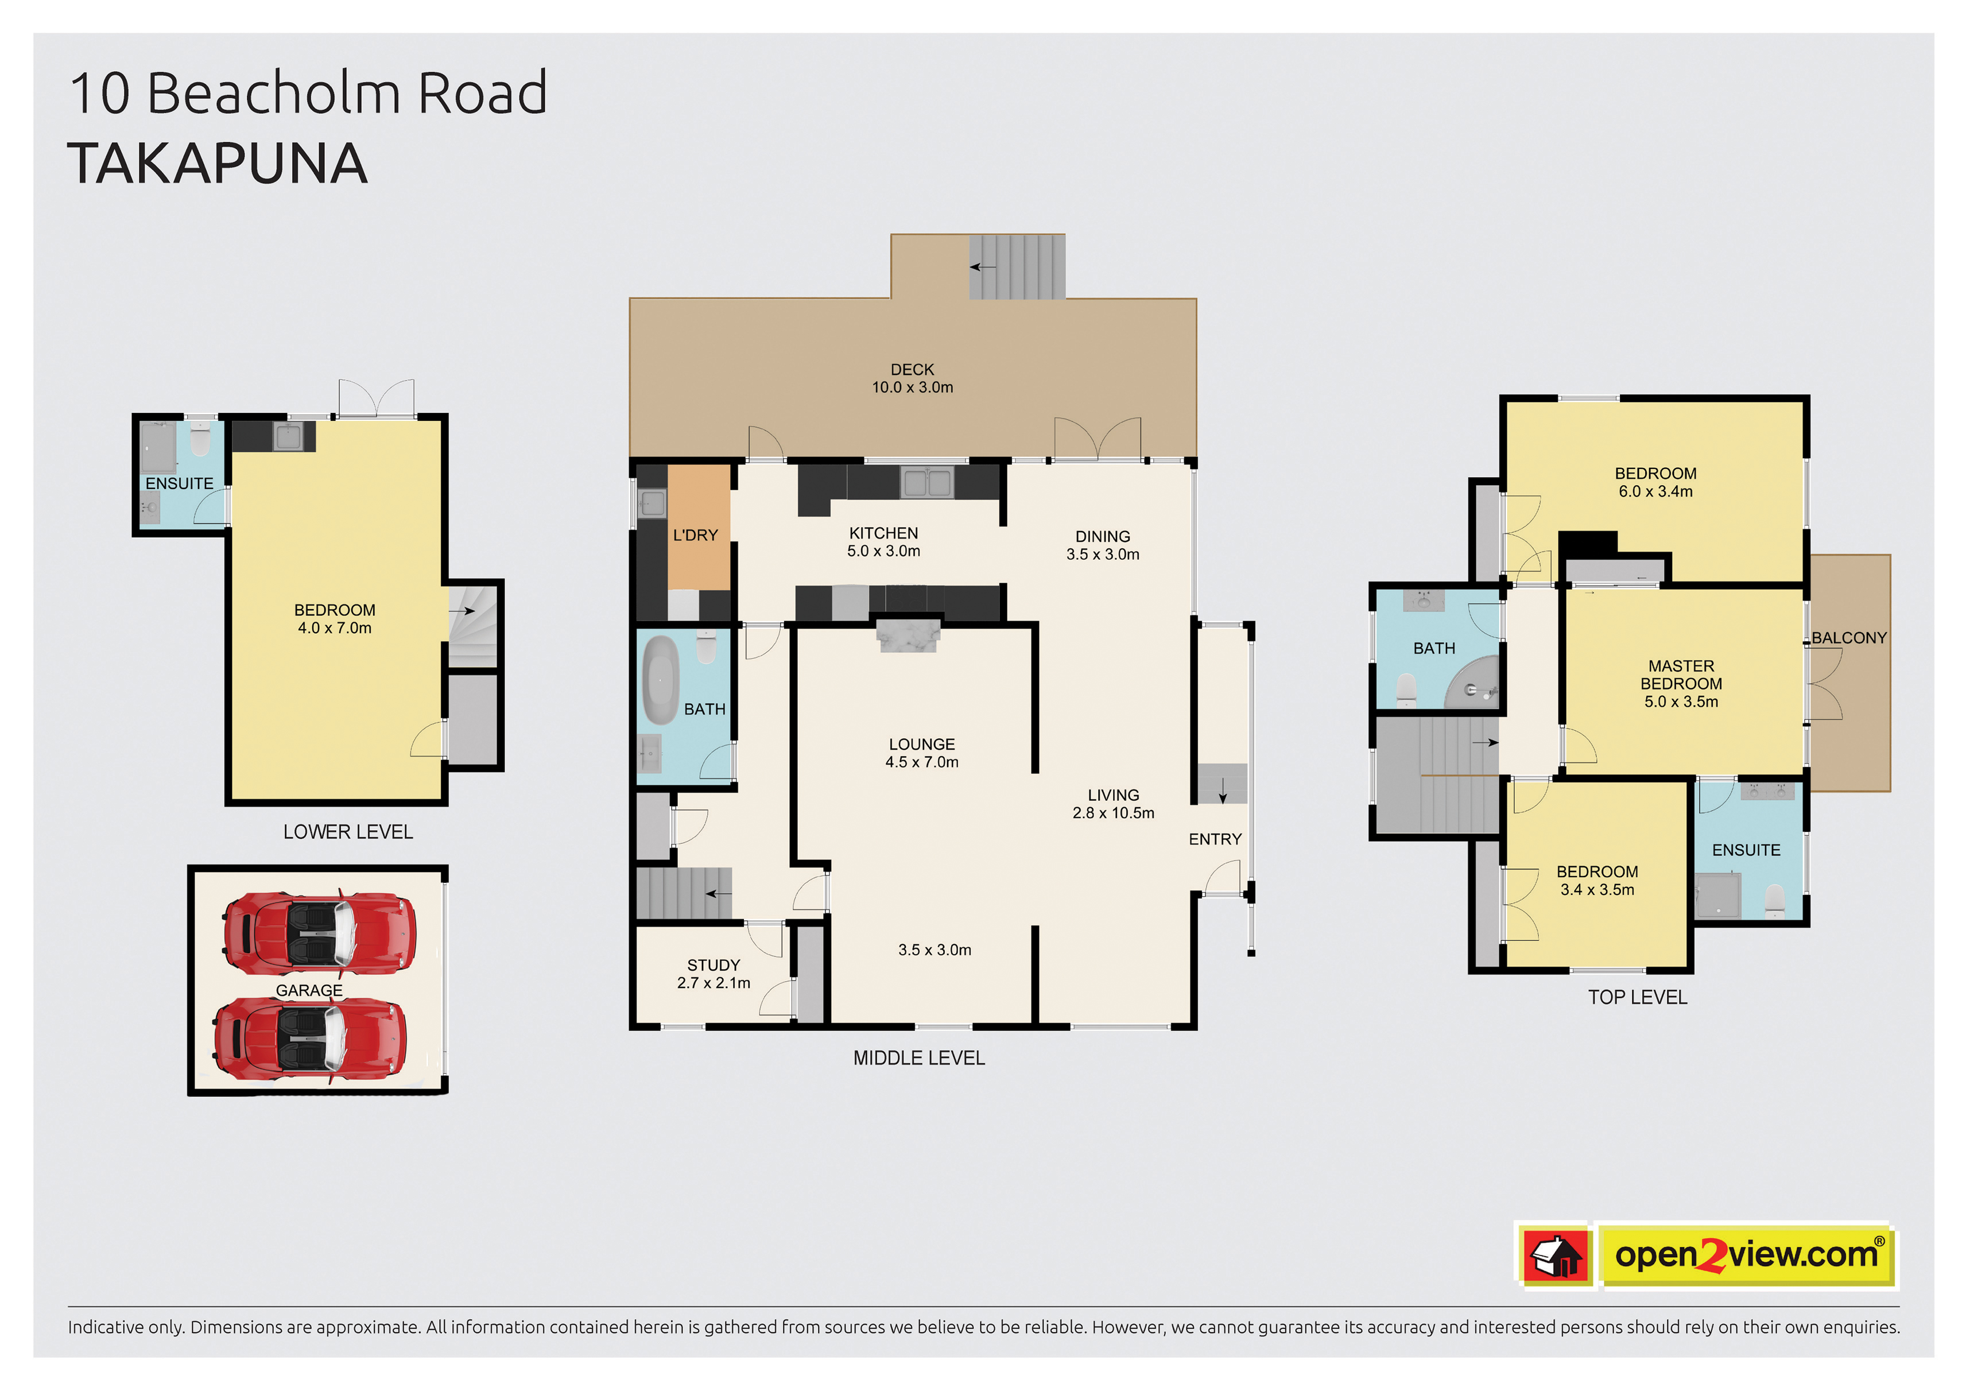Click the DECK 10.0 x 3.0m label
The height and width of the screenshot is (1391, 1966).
tap(912, 378)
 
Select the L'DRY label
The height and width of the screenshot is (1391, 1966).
tap(695, 535)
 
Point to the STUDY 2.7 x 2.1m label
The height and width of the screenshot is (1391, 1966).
tap(714, 974)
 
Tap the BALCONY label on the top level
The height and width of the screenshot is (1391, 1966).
tap(1849, 638)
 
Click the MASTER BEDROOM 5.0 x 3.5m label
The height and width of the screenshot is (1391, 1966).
tap(1681, 684)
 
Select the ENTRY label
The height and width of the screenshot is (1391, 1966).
tap(1215, 839)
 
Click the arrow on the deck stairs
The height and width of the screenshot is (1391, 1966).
tap(982, 268)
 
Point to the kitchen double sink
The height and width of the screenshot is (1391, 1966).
tap(926, 482)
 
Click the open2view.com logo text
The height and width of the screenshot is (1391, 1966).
tap(1747, 1255)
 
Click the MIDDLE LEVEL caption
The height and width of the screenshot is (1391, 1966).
tap(919, 1059)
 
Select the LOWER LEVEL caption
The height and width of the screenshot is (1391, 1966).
tap(348, 832)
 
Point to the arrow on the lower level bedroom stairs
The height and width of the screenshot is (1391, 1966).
tap(463, 611)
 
